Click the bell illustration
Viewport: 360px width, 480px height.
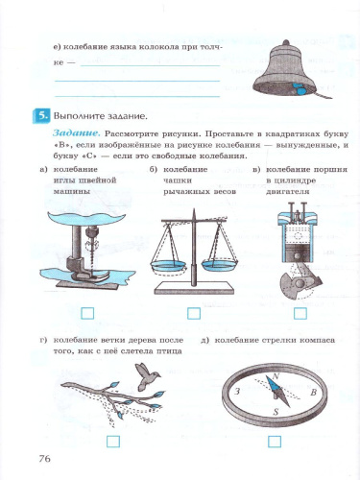(287, 62)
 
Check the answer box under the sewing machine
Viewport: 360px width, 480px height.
(87, 313)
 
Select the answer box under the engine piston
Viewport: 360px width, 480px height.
(300, 313)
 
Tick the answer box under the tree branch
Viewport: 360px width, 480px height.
(112, 442)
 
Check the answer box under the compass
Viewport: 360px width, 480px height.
(275, 442)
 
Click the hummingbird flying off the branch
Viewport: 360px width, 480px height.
(147, 382)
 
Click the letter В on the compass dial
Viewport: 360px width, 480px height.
(314, 394)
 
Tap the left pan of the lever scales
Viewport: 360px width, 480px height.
(166, 260)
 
